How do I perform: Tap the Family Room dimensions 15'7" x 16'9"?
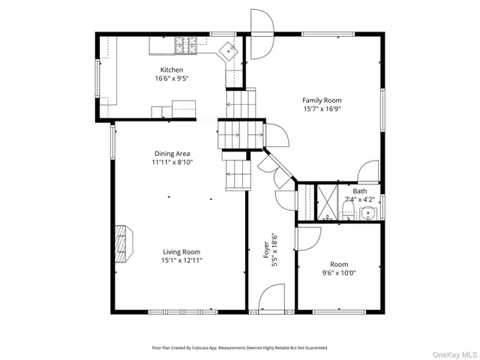[322, 109]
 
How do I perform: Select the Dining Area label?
[172, 153]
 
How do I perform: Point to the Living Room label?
[181, 252]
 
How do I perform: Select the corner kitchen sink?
[228, 50]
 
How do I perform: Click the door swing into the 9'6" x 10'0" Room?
[308, 239]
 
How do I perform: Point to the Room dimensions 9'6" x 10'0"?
[338, 273]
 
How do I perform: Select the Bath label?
[360, 191]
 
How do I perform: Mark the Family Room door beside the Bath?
[367, 172]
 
